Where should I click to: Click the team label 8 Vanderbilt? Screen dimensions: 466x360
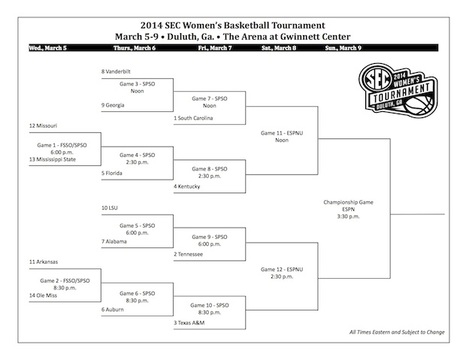coord(116,71)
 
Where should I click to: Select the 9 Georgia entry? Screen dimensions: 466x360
coord(113,105)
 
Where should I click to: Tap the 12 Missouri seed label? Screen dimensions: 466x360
coord(43,126)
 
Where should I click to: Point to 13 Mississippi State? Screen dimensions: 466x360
coord(53,159)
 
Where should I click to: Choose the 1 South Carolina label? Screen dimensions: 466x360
coord(193,118)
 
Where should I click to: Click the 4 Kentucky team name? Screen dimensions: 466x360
coord(187,186)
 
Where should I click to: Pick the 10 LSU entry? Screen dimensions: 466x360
coord(110,207)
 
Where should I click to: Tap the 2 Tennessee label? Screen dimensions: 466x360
coord(189,254)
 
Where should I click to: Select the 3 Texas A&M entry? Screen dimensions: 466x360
coord(189,323)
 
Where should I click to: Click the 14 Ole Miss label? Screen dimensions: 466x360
coord(43,295)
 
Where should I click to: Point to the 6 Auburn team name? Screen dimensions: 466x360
coord(113,310)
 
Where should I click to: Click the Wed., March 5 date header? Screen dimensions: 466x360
coord(48,48)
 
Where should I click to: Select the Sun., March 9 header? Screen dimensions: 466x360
coord(343,48)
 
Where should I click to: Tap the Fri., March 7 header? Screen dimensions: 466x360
coord(215,48)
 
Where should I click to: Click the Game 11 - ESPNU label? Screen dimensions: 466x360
coord(282,133)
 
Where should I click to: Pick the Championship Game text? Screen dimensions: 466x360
coord(348,202)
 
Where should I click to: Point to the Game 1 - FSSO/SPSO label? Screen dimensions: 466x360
coord(62,145)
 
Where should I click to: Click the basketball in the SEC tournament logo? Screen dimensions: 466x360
coord(419,105)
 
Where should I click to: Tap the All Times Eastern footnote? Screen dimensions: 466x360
coord(397,332)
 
